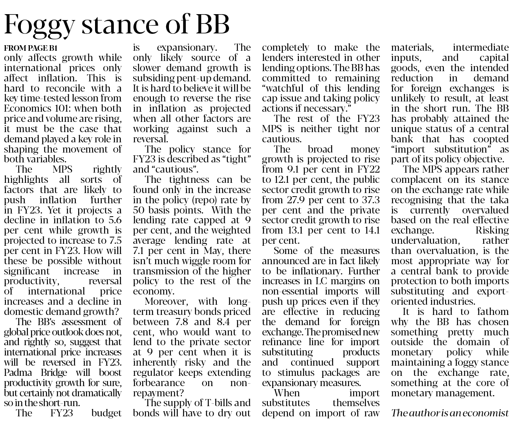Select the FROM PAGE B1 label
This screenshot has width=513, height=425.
31,48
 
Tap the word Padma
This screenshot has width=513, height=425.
16,372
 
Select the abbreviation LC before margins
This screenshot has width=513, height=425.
318,281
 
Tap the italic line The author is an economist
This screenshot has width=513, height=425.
450,413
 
